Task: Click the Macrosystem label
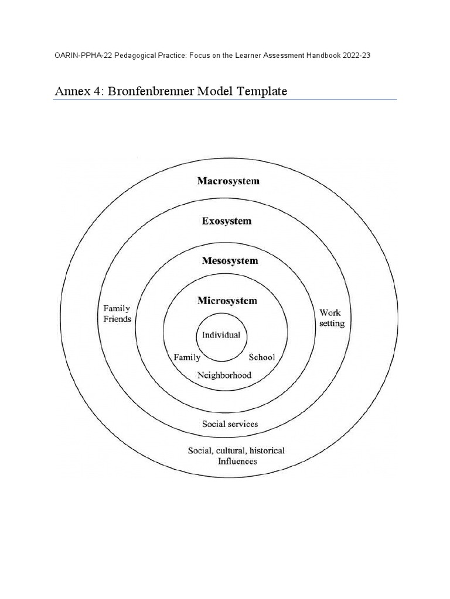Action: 228,181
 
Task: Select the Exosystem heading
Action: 227,222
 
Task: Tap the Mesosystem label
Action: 230,261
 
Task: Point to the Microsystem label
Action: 227,301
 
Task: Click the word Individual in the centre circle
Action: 221,335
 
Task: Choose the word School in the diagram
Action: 262,357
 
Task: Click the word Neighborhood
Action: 224,375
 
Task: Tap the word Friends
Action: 117,319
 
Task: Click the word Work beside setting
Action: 330,313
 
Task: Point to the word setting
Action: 331,324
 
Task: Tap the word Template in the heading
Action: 259,92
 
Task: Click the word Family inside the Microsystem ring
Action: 187,357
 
